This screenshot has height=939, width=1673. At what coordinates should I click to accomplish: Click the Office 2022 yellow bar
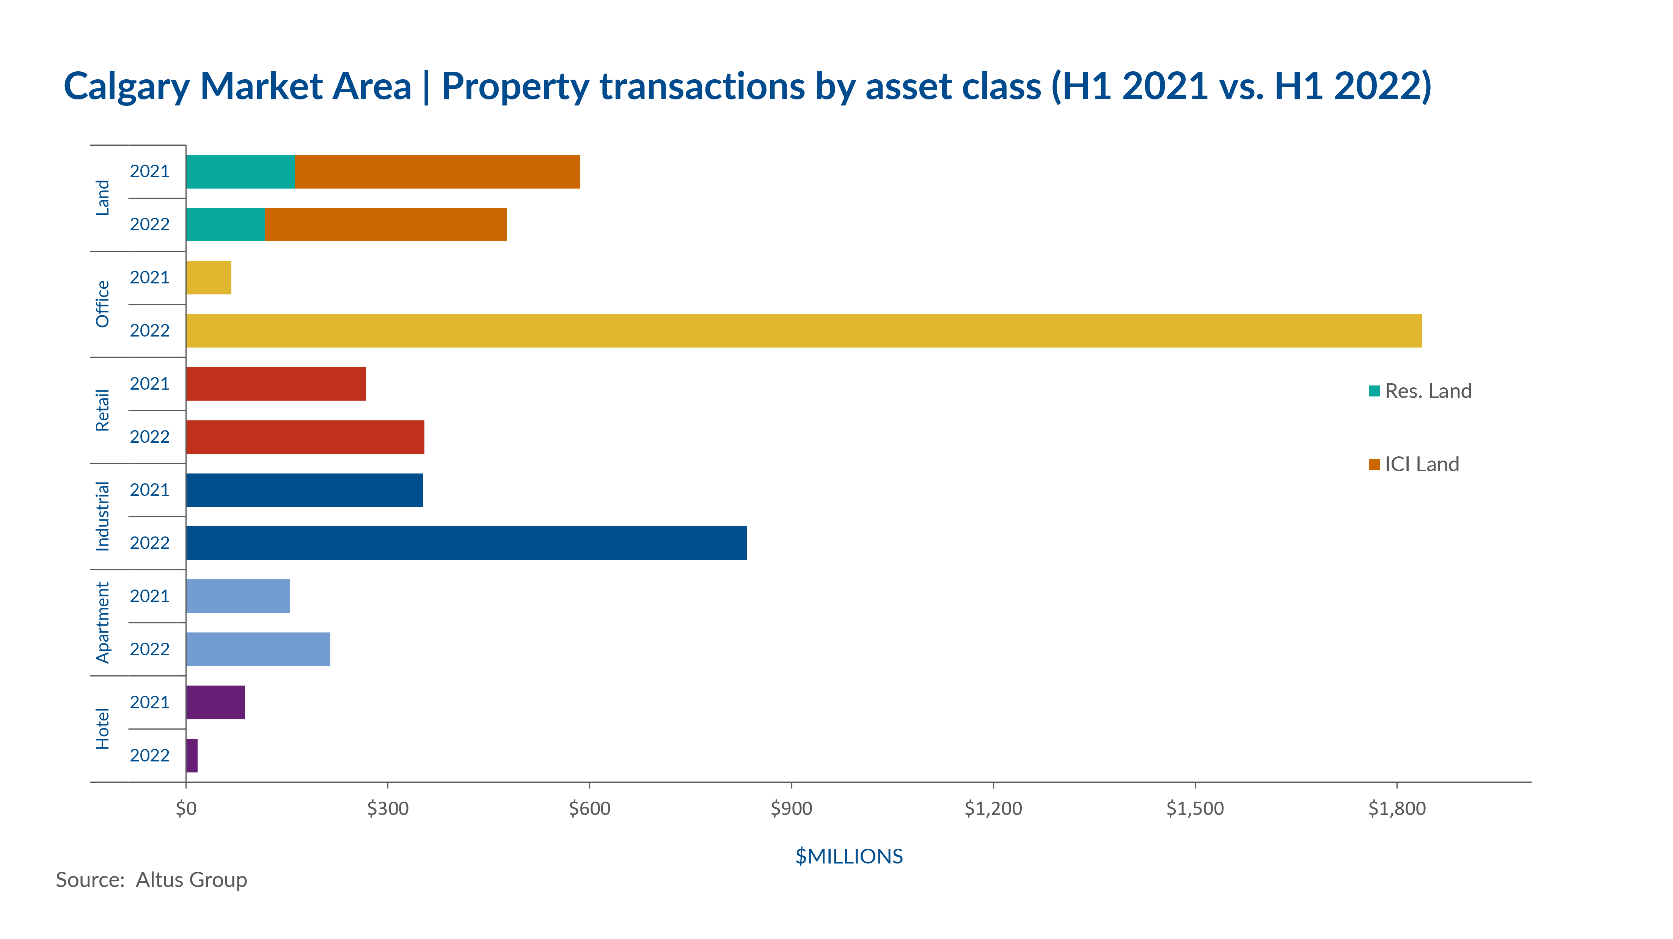803,331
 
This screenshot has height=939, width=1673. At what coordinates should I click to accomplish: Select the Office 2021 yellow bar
209,277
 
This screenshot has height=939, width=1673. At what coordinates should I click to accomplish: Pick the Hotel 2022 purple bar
192,755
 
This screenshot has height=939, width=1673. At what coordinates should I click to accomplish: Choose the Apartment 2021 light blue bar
238,596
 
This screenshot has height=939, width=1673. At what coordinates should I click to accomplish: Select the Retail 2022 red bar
305,437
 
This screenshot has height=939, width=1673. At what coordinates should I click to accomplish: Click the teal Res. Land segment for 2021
240,171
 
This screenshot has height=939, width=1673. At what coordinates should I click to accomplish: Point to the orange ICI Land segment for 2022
386,224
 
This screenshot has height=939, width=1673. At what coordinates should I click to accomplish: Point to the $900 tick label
791,808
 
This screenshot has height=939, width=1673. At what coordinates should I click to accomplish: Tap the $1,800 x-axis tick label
1397,808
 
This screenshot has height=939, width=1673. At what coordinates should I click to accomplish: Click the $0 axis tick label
186,808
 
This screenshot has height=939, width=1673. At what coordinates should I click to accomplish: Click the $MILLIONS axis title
849,856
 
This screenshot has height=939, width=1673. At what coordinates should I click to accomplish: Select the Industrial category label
103,517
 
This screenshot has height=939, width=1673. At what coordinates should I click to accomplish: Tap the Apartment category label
103,623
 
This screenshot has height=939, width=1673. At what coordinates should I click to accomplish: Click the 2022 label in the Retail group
149,437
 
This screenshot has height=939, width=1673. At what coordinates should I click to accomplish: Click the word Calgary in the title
127,87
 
